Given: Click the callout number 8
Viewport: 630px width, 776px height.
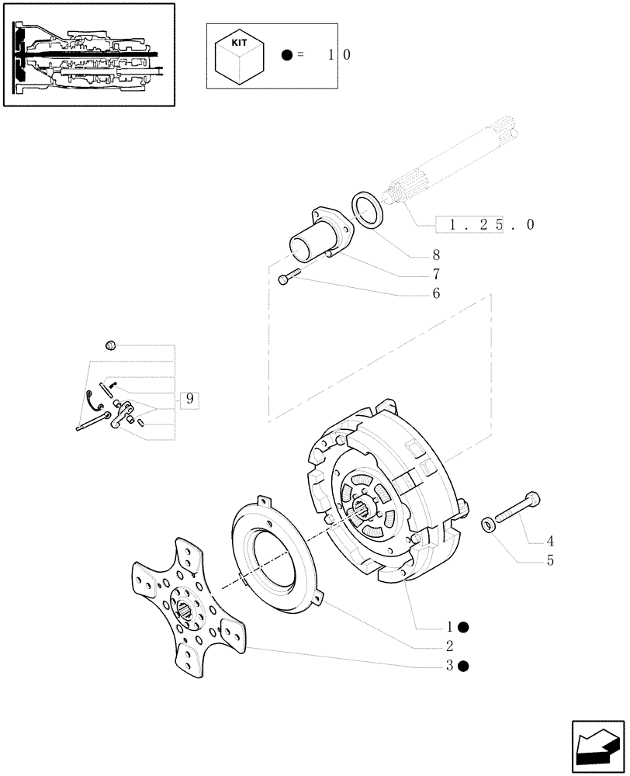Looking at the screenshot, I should pos(436,254).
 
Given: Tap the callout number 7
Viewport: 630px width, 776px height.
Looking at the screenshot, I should pos(436,274).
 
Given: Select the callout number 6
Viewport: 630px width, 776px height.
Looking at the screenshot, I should pos(436,293).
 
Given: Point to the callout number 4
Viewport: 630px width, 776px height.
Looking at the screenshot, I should pos(549,541).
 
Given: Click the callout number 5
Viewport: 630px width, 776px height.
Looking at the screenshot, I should pos(549,560).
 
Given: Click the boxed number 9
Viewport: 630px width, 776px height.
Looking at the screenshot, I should pos(189,400).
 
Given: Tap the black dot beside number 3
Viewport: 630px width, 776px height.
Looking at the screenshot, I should pos(463,665).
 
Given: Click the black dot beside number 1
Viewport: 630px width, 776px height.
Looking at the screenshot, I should pos(463,626).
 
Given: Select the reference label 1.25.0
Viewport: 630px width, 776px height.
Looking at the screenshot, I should pos(484,225).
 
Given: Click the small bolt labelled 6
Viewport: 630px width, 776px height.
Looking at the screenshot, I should pos(289,275).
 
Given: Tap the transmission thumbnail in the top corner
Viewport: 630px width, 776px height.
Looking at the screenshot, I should pos(88,54).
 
